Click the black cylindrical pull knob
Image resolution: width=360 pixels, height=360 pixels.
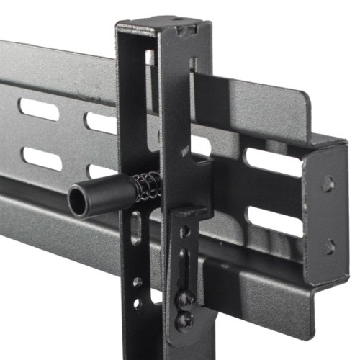point(101,197)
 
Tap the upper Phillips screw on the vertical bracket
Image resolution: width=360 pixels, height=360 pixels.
point(186,296)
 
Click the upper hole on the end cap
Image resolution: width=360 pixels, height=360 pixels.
point(328,183)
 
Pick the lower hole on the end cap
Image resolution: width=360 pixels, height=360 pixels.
point(328,246)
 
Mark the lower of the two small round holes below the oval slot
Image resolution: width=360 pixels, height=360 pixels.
point(137,303)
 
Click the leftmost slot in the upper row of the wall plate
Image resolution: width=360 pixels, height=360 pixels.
point(39,109)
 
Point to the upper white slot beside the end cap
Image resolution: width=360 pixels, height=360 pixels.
point(274,163)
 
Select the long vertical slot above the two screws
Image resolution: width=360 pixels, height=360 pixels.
point(184,265)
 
